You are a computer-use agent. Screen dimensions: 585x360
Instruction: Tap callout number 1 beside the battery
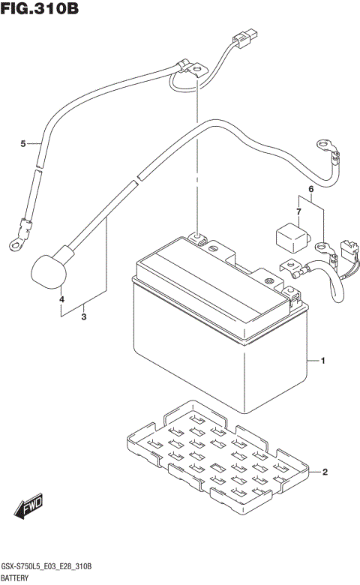tap(322, 362)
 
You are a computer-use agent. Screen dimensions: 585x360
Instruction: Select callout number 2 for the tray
tap(325, 472)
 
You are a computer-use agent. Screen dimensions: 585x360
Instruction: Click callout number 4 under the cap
tap(62, 301)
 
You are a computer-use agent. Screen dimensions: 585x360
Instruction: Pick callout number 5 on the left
tap(23, 143)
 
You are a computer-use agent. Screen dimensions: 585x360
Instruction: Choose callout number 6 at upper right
tap(308, 188)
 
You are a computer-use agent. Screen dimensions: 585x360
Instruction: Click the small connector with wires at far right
tap(347, 250)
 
